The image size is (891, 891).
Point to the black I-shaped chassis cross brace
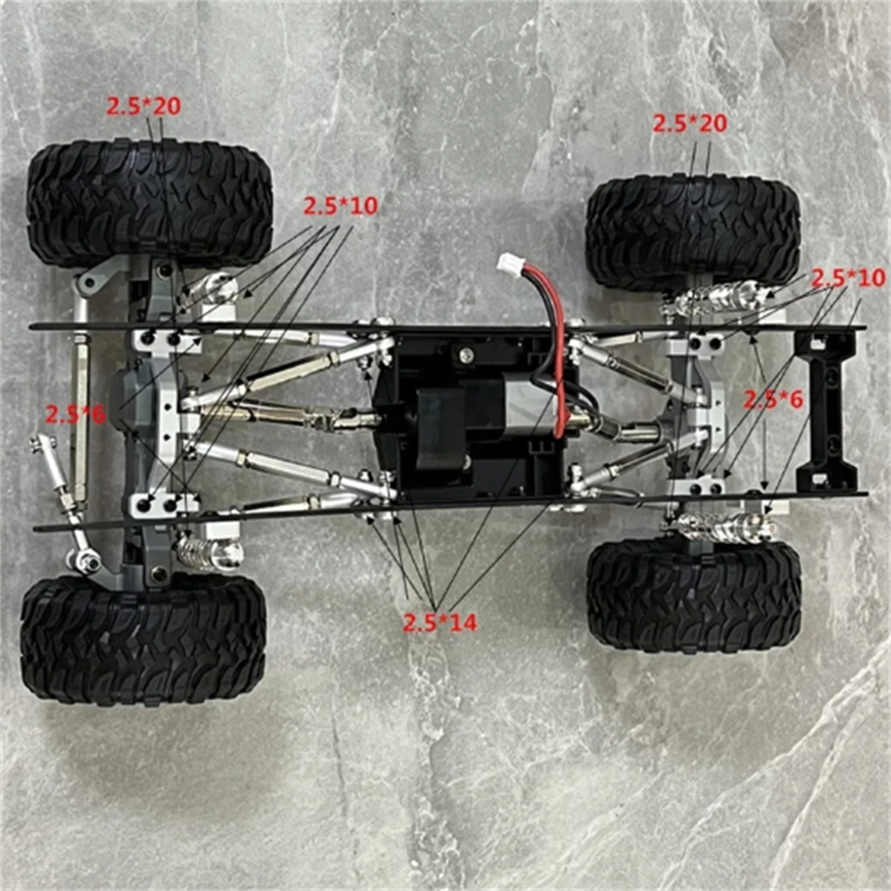coord(828,411)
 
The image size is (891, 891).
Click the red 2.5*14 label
coord(440,623)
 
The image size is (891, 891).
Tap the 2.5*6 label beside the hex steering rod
coord(75,415)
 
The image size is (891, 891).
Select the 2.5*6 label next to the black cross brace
coord(772,400)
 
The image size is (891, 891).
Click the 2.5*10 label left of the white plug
coord(340,206)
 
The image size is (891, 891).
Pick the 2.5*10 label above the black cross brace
coord(848,278)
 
